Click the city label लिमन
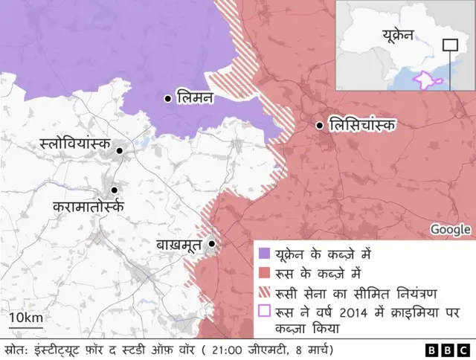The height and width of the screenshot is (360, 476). point(195,97)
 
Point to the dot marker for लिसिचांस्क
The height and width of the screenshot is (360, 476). point(320,126)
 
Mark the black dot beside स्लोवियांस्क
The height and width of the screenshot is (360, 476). point(118,151)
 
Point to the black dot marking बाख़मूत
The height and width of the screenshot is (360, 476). point(212,243)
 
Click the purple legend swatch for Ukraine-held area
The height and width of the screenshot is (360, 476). point(263,254)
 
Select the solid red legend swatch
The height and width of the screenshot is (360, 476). point(263,272)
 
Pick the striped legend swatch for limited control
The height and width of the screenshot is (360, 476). point(263,291)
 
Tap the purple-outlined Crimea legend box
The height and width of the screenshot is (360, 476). point(263,310)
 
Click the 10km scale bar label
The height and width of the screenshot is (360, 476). point(25,318)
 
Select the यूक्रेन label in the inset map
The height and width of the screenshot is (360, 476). point(402,34)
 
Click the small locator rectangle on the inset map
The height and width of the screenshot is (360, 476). point(450,45)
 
